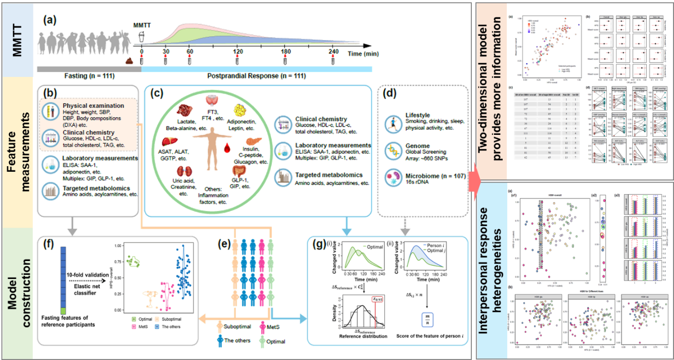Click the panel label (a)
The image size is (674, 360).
(50, 21)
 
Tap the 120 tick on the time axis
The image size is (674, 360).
(237, 52)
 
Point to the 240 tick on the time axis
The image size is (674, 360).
(333, 52)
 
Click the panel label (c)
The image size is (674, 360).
(157, 94)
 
